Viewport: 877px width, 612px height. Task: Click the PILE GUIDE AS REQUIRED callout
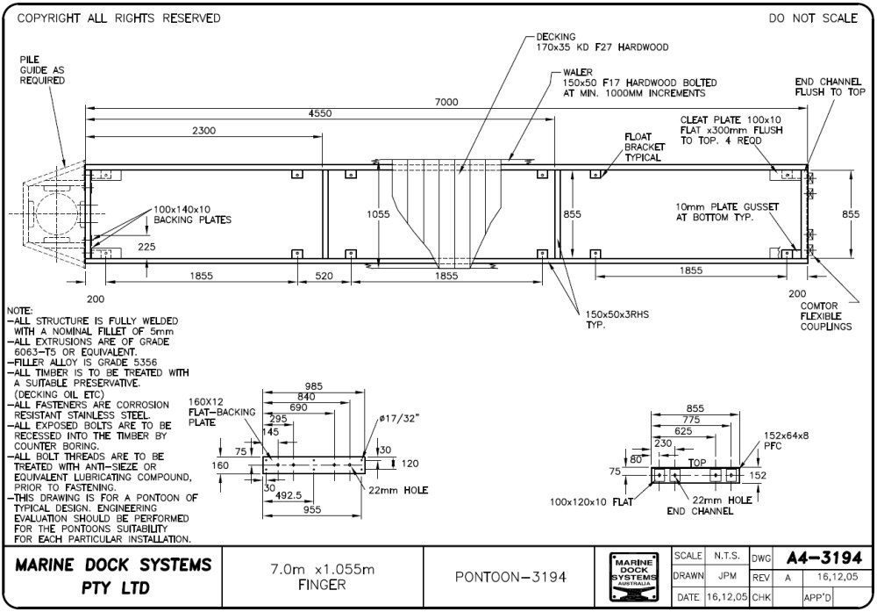coord(42,69)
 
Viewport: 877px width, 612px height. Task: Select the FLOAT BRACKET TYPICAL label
coord(643,148)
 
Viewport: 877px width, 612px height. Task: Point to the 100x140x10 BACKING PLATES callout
coord(192,214)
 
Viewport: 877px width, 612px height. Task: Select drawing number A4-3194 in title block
coord(824,558)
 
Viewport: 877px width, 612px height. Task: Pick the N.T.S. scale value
coord(724,557)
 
